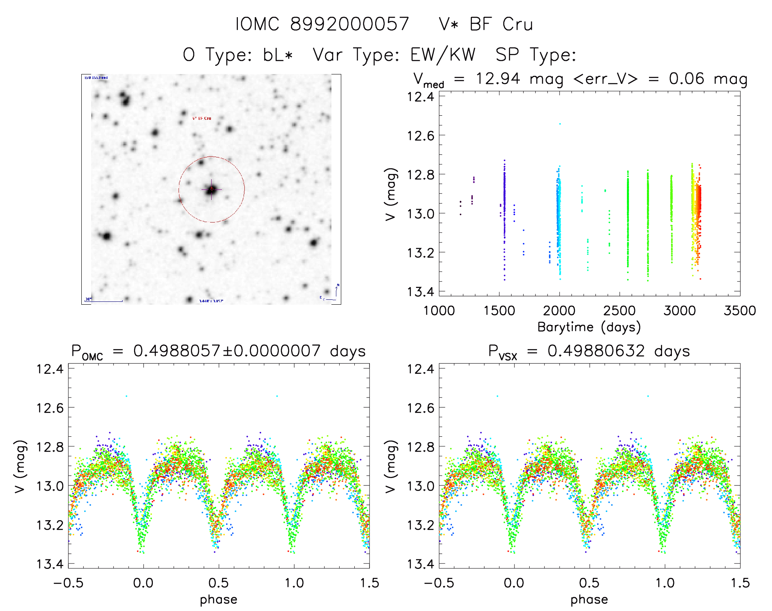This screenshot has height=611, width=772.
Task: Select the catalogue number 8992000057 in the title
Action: coord(349,25)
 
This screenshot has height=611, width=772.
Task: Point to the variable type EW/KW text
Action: coord(443,55)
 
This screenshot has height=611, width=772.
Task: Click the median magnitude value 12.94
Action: coord(498,79)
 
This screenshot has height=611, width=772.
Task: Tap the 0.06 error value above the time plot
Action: coord(687,79)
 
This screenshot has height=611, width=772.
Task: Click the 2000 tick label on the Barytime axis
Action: coord(559,311)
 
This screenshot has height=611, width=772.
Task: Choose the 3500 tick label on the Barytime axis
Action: coord(739,311)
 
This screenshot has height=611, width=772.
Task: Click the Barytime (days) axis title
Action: coord(589,327)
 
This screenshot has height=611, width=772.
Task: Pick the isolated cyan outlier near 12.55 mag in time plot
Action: coord(560,124)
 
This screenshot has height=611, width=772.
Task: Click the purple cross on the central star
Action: coord(211,189)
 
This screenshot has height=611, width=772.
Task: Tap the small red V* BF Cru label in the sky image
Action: coord(202,118)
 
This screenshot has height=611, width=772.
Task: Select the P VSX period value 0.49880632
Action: coord(596,351)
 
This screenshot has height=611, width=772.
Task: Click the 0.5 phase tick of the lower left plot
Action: coord(219,583)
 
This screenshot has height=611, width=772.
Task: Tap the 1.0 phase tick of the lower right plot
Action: coord(665,583)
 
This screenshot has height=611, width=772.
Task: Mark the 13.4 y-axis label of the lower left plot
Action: coord(50,564)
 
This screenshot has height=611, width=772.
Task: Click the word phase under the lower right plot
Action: coord(589,600)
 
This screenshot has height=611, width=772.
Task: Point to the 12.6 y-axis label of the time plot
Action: coord(421,135)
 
